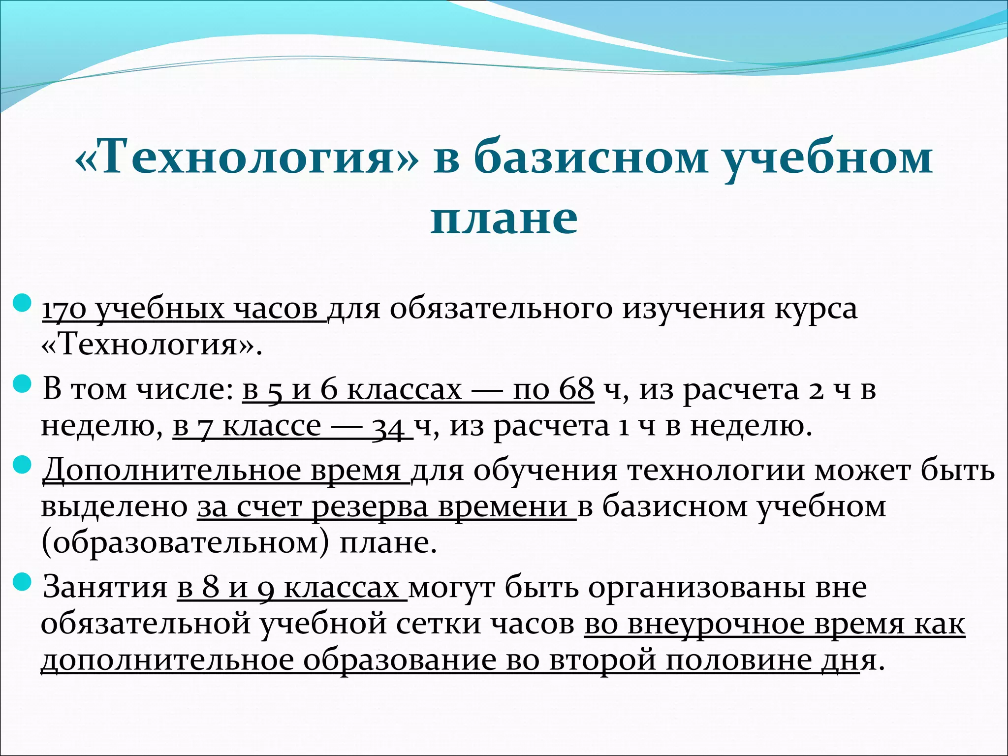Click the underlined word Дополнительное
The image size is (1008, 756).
[172, 471]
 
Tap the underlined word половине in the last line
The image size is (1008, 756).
[738, 661]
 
